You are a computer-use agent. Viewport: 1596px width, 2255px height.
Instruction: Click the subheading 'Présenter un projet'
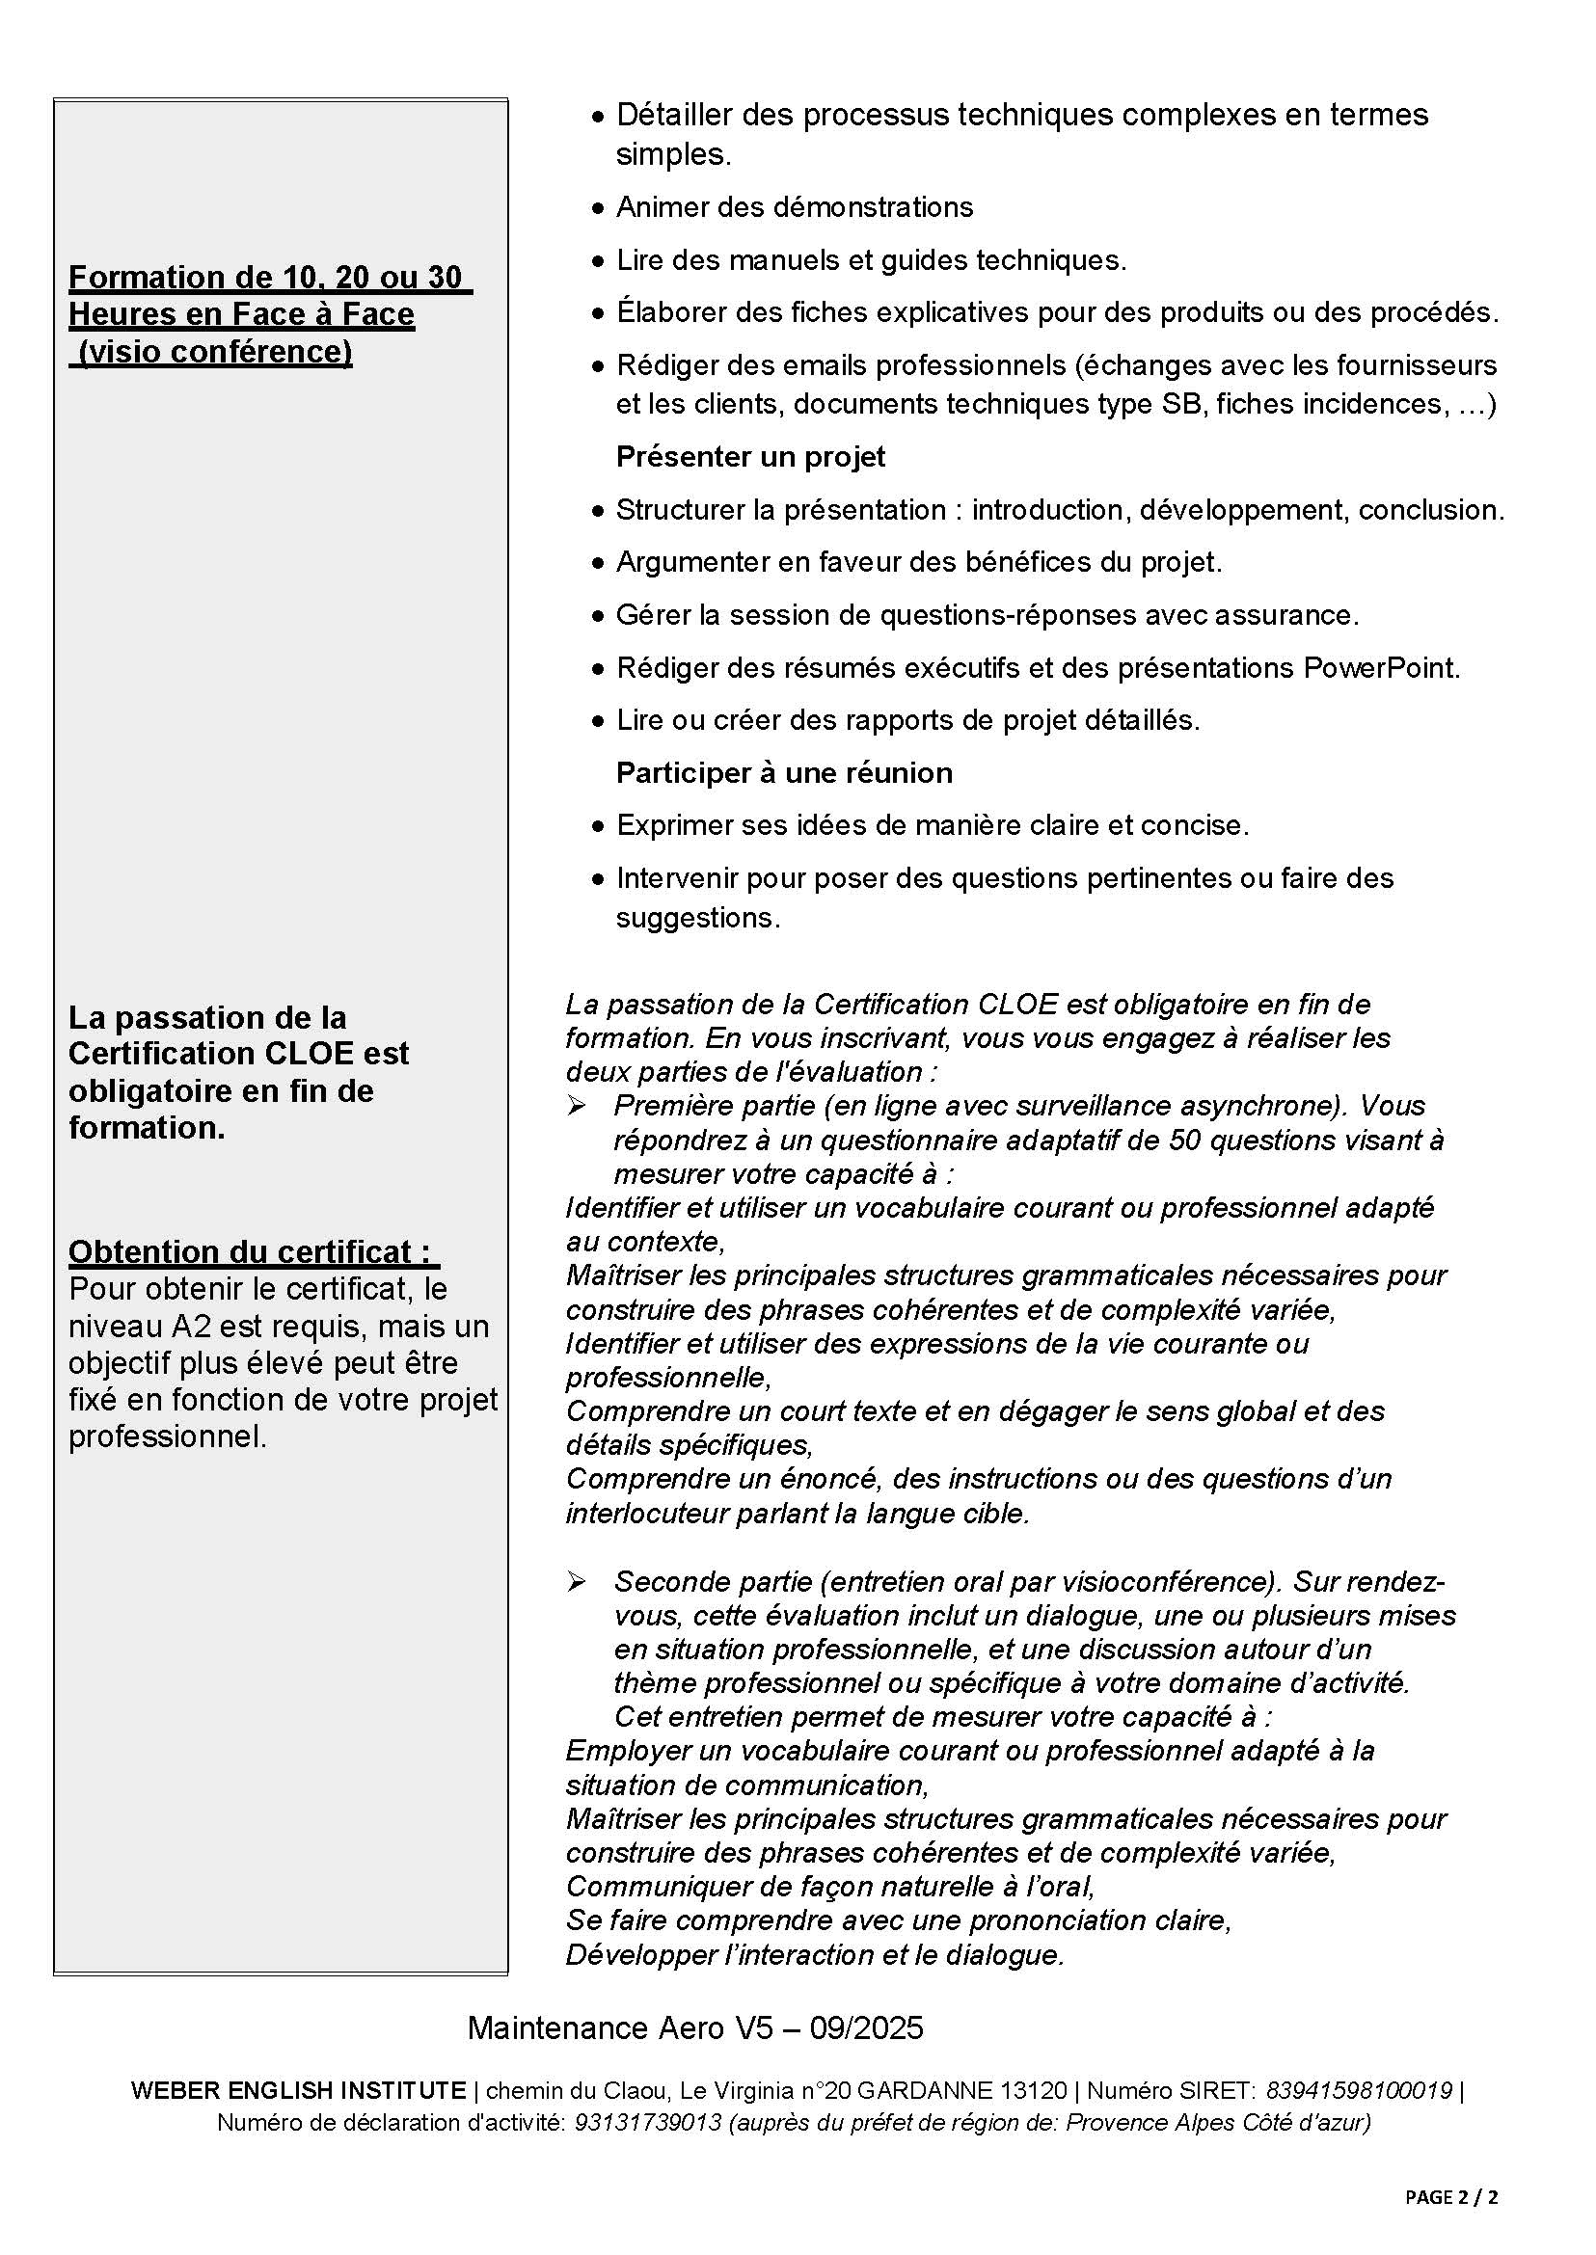click(750, 457)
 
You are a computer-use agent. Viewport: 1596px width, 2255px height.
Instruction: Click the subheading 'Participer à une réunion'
click(783, 773)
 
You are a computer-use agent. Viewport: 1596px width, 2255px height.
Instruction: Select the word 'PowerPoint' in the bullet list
click(1380, 668)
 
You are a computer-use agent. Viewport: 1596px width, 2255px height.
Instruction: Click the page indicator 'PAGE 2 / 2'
click(1450, 2197)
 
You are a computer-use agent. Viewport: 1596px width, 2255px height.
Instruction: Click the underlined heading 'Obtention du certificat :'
click(254, 1251)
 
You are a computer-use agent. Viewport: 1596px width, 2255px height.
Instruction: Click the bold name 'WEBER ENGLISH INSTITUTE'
click(298, 2090)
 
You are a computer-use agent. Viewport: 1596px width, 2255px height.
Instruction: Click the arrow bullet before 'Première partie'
click(576, 1107)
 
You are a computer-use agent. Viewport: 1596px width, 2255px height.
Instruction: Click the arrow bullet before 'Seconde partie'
click(576, 1582)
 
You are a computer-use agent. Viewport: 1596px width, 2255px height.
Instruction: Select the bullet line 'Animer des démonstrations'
click(794, 207)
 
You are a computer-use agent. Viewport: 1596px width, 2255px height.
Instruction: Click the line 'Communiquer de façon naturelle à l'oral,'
click(829, 1886)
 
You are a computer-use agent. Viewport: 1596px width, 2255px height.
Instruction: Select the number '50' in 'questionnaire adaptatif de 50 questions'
click(1187, 1141)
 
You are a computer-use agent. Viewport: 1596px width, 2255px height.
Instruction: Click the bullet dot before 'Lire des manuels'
click(599, 261)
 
